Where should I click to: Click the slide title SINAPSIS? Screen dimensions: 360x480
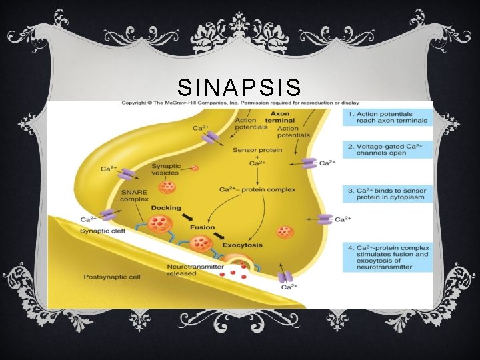tap(239, 87)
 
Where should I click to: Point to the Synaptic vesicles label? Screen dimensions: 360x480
tap(165, 169)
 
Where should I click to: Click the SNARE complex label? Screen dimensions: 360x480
tap(137, 196)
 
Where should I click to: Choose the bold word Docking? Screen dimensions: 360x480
tap(166, 208)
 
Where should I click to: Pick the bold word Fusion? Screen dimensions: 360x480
tap(202, 227)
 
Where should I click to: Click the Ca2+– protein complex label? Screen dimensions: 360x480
tap(250, 190)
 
